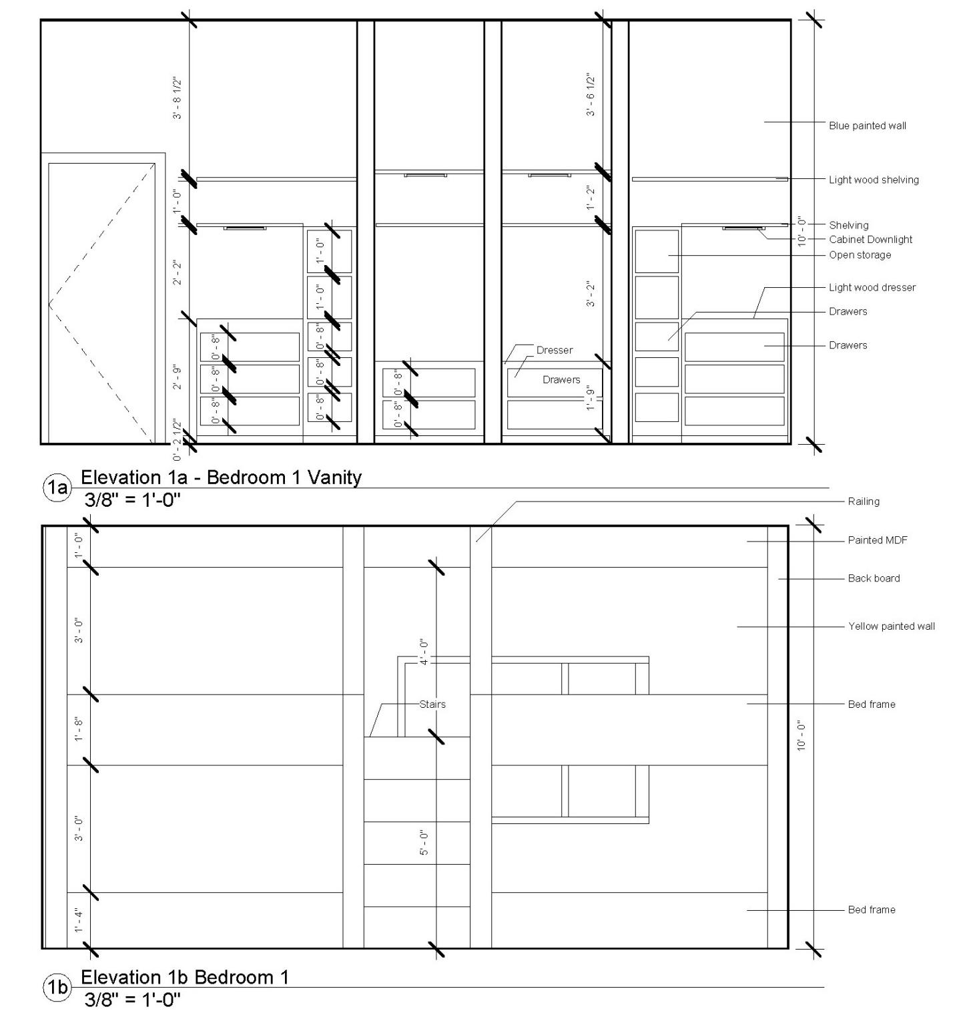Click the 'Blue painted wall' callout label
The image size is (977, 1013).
point(867,126)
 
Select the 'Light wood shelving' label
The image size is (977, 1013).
point(874,180)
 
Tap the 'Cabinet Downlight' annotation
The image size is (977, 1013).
point(870,239)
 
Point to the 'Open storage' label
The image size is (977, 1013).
point(860,254)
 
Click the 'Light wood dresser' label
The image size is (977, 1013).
point(872,287)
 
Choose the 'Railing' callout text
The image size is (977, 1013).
point(863,501)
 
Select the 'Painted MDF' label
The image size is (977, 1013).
point(877,540)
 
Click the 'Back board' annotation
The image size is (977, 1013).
point(874,578)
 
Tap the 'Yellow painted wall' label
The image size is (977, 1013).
point(891,626)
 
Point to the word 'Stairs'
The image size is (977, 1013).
point(432,704)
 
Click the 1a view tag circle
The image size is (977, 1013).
point(57,488)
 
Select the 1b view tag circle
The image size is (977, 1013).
point(57,988)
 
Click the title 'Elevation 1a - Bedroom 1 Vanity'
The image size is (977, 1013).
point(221,477)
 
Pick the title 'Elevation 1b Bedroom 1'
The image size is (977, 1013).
point(185,977)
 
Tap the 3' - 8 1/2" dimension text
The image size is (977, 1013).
point(178,99)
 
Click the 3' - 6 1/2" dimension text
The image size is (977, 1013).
point(591,95)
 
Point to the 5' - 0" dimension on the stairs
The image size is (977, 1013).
point(424,843)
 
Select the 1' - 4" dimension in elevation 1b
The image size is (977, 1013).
point(79,920)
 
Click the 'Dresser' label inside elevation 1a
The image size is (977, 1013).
point(554,350)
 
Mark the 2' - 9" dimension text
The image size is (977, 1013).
point(178,377)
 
